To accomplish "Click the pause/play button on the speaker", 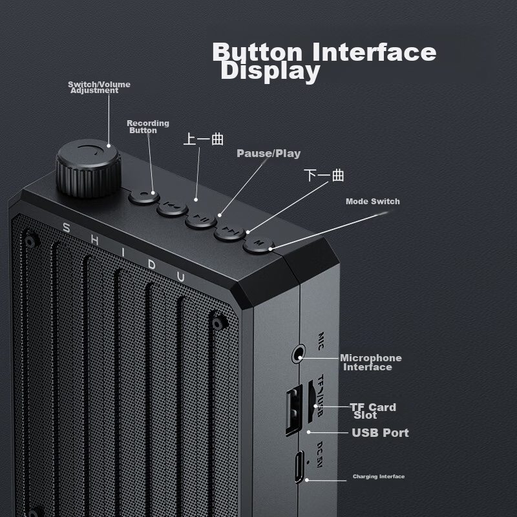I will point(202,220).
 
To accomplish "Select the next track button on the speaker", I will point(230,231).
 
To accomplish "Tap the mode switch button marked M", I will point(258,244).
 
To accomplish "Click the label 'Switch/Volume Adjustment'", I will point(98,87).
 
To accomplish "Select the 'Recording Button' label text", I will point(147,127).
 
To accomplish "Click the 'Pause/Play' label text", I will point(268,154).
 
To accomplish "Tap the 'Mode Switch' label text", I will point(372,202).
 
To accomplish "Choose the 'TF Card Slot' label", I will point(372,411).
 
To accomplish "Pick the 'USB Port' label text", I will point(380,433).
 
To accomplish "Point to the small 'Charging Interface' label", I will point(378,477).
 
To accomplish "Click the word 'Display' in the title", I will point(269,72).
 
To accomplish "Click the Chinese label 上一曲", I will point(204,139).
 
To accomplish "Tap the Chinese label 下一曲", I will point(324,176).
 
